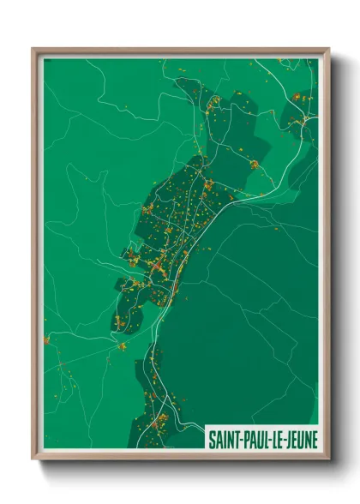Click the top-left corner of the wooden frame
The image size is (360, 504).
[x=33, y=49]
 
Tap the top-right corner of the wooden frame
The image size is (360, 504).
[x=328, y=49]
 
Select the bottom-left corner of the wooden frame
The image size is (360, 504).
[x=33, y=458]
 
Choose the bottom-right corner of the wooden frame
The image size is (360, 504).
[x=328, y=458]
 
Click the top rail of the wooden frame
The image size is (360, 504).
[x=180, y=51]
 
